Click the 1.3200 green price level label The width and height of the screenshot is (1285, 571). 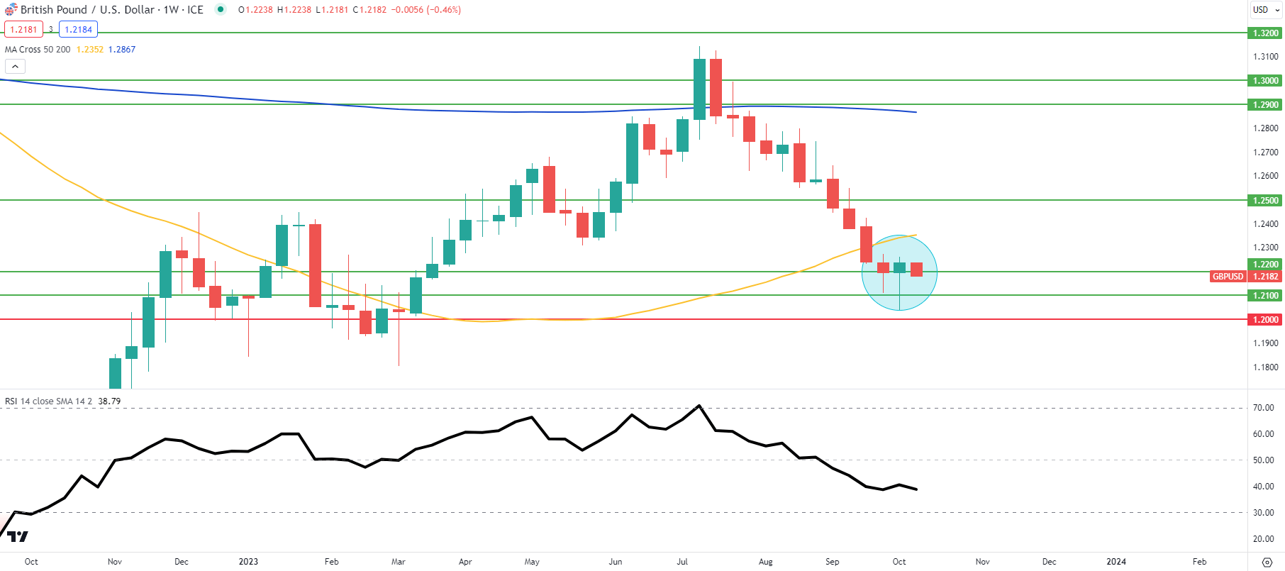tap(1265, 33)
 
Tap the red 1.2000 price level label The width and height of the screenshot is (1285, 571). tap(1265, 320)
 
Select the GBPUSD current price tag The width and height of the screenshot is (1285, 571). tap(1228, 277)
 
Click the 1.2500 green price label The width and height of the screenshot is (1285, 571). tap(1265, 201)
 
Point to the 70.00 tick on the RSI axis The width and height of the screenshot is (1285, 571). tap(1263, 408)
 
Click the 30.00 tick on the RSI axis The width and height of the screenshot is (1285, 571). tap(1263, 513)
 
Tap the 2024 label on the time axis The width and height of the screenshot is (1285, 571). tap(1116, 562)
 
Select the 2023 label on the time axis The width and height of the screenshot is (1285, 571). tap(248, 562)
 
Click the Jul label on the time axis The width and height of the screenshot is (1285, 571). tap(682, 562)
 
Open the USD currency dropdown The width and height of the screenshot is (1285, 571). tap(1266, 10)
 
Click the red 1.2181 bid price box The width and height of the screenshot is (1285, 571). tap(23, 30)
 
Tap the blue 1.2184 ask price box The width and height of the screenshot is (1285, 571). tap(78, 30)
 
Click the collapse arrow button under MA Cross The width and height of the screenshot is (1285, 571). tap(15, 67)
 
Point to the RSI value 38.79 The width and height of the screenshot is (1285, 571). tap(109, 401)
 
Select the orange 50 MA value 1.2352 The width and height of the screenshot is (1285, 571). tap(89, 50)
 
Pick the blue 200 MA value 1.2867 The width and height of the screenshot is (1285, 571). tap(122, 50)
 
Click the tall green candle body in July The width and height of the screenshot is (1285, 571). tap(699, 89)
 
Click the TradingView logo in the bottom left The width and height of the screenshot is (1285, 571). tap(17, 537)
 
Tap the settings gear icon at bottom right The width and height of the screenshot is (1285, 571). tap(1267, 562)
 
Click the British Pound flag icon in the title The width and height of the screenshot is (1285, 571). tap(11, 10)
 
